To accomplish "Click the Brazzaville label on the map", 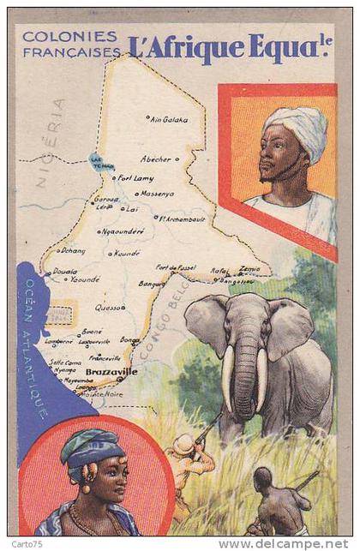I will pyautogui.click(x=111, y=372).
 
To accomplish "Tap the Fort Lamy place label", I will pyautogui.click(x=135, y=178).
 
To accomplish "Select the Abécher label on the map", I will pyautogui.click(x=156, y=159).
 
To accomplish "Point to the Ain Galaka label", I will pyautogui.click(x=169, y=119).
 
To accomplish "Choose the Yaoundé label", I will pyautogui.click(x=85, y=279).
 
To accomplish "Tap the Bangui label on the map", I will pyautogui.click(x=152, y=283).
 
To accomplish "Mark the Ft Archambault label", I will pyautogui.click(x=182, y=219).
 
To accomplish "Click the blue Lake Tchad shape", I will pyautogui.click(x=101, y=162).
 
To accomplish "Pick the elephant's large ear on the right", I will pyautogui.click(x=289, y=329).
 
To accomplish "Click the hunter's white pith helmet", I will pyautogui.click(x=184, y=444).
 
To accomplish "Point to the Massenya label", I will pyautogui.click(x=157, y=194).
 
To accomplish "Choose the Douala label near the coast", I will pyautogui.click(x=64, y=271).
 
